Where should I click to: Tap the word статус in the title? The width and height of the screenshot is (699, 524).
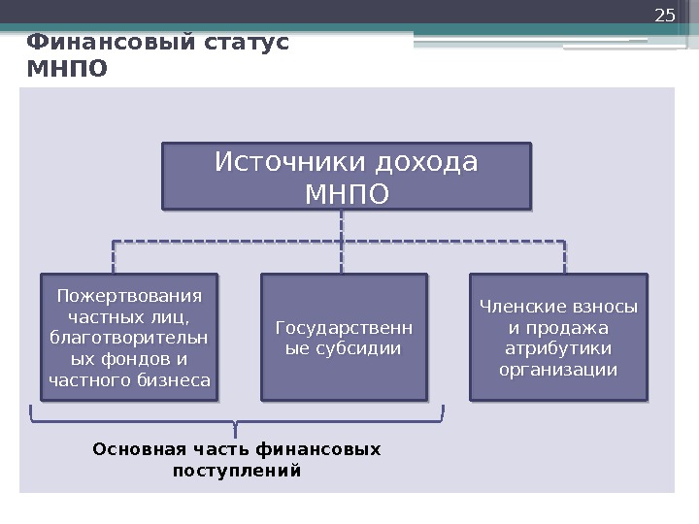coord(243,44)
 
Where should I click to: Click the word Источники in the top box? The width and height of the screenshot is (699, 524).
coord(283,161)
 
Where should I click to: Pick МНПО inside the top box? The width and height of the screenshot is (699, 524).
coord(346,193)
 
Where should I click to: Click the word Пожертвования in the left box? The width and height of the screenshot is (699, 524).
coord(124,295)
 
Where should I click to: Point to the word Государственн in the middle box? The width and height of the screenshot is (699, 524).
coord(344,327)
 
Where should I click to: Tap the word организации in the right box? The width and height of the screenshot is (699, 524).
coord(558,370)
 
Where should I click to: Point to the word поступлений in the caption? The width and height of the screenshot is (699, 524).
coord(237,472)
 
